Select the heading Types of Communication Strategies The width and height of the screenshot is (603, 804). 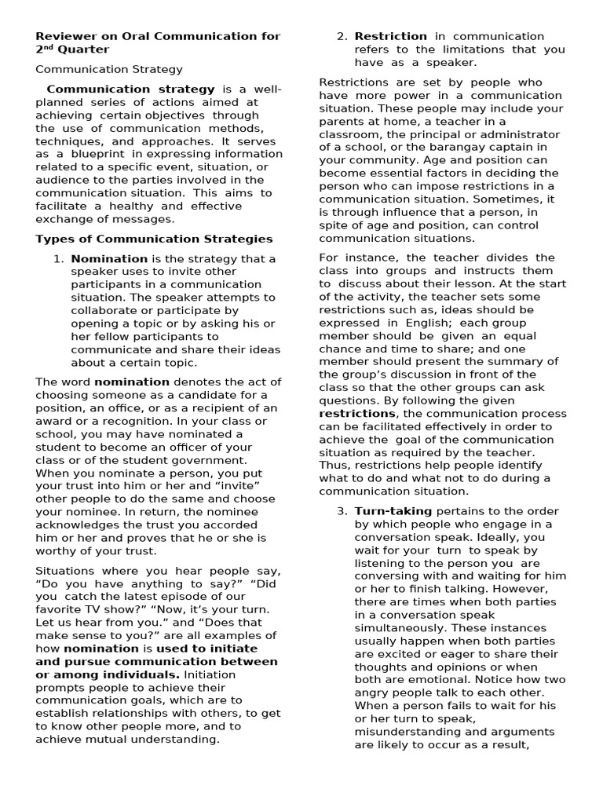[154, 239]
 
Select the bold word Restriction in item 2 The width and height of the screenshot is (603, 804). [390, 36]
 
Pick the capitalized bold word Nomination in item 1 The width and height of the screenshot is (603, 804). [109, 259]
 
